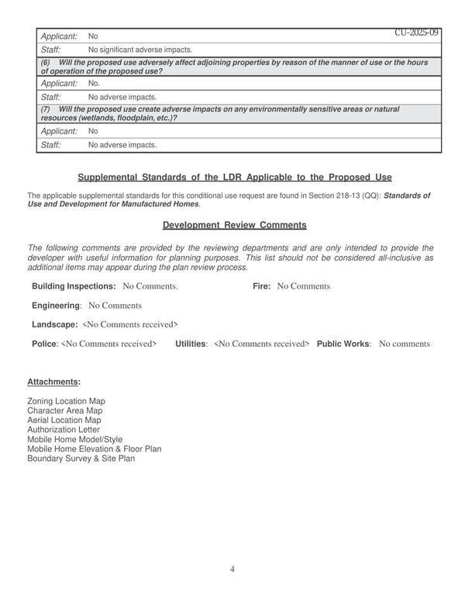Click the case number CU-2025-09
(x=416, y=33)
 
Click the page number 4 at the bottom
(x=232, y=569)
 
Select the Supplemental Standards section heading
(x=235, y=177)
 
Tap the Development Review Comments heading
(x=235, y=225)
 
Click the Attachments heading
(x=53, y=382)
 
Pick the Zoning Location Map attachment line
(x=66, y=401)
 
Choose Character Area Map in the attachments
(x=64, y=410)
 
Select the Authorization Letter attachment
(x=64, y=429)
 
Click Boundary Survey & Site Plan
(x=81, y=458)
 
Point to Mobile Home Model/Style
(x=74, y=439)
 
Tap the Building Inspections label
(x=74, y=286)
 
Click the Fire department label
(x=261, y=286)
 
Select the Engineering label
(x=56, y=306)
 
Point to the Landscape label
(x=54, y=324)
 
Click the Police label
(x=44, y=343)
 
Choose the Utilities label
(x=191, y=343)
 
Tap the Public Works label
(x=343, y=343)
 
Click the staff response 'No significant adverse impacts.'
(x=140, y=50)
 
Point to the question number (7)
(x=46, y=109)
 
